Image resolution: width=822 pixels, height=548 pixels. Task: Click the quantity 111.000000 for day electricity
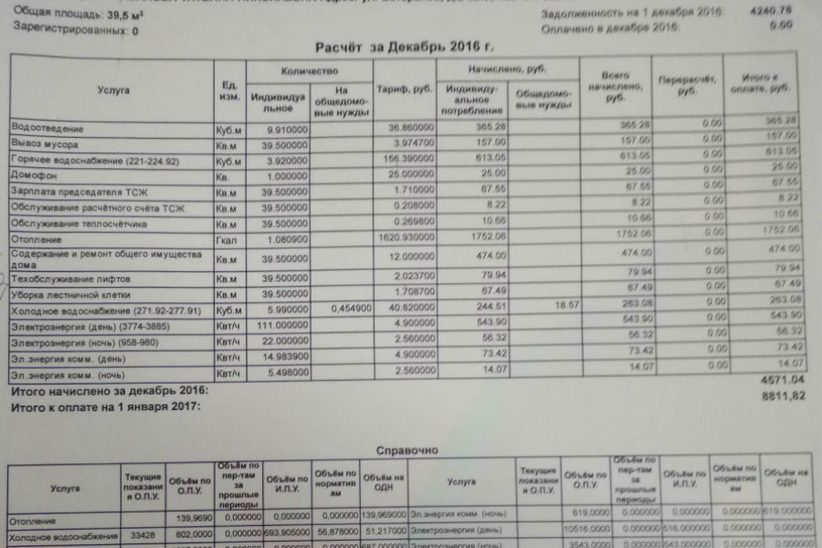tap(283, 326)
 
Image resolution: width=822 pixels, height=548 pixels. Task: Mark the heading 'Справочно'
tap(407, 449)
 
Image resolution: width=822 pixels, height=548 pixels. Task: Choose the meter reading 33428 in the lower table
tap(142, 535)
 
